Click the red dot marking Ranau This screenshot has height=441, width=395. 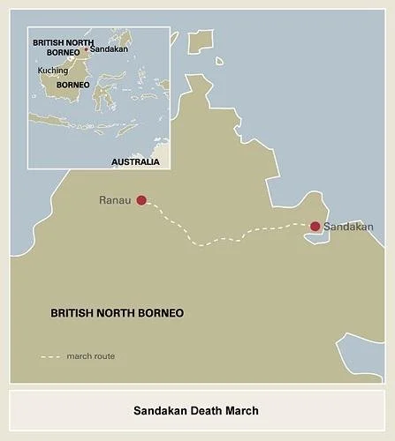click(x=141, y=200)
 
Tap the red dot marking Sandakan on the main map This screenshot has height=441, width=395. click(x=315, y=227)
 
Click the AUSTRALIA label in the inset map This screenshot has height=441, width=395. click(x=135, y=161)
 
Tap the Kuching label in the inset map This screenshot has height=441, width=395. click(x=53, y=70)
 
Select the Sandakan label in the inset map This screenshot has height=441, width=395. click(x=109, y=50)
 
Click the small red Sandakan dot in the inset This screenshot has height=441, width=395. click(x=86, y=50)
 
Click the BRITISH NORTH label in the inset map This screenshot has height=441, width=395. click(x=63, y=41)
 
